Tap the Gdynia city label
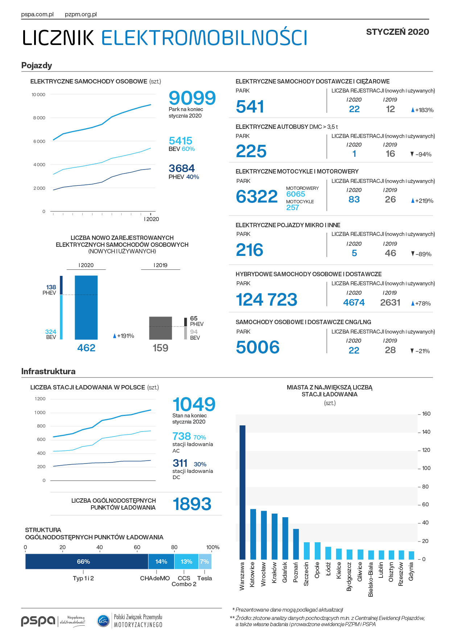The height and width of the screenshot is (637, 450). pyautogui.click(x=411, y=572)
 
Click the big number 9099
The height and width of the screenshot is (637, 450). pyautogui.click(x=192, y=98)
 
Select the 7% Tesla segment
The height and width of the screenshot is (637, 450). pyautogui.click(x=205, y=562)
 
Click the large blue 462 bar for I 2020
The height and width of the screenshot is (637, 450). pyautogui.click(x=86, y=307)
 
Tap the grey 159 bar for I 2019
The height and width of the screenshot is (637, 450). pyautogui.click(x=160, y=328)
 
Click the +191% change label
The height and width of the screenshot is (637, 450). pyautogui.click(x=124, y=336)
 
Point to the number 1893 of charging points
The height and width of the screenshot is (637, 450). pyautogui.click(x=192, y=504)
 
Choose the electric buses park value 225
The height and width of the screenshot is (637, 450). pyautogui.click(x=251, y=151)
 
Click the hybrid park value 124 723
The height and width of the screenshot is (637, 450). pyautogui.click(x=266, y=300)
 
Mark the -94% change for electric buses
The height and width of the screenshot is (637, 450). pyautogui.click(x=421, y=154)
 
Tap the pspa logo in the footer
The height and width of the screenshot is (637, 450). pyautogui.click(x=38, y=621)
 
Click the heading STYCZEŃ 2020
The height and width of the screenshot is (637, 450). pyautogui.click(x=397, y=32)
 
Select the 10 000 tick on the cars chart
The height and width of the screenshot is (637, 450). pyautogui.click(x=38, y=95)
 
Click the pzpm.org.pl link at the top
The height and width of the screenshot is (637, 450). pyautogui.click(x=81, y=15)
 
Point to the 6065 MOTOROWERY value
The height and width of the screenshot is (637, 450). pyautogui.click(x=296, y=194)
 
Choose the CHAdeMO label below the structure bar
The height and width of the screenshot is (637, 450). pyautogui.click(x=155, y=578)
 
